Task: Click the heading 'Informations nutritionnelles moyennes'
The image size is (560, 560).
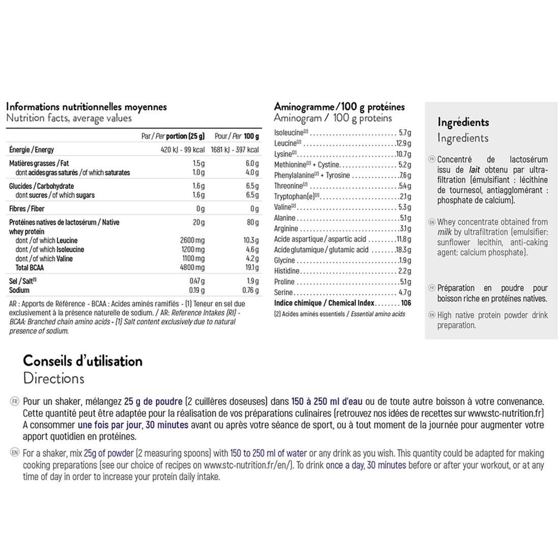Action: pos(86,107)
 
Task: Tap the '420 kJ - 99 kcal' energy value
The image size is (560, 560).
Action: pos(182,150)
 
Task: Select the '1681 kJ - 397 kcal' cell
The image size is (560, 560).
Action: pos(235,150)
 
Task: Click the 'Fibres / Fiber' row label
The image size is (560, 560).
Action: pos(26,209)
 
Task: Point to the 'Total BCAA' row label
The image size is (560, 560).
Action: pos(30,267)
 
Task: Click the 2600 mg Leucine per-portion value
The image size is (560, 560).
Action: pos(192,240)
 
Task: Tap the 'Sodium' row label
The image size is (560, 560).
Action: pos(19,290)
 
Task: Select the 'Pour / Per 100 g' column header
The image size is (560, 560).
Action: pos(237,136)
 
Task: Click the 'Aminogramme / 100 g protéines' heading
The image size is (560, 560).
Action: pos(339,107)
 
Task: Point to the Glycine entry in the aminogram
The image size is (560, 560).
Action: pos(285,260)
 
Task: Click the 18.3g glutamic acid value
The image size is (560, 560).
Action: pos(403,249)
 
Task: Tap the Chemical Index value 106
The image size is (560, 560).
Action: pos(406,303)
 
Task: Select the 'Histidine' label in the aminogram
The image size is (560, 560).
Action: pos(287,271)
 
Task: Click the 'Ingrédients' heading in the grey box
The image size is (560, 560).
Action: pos(463,122)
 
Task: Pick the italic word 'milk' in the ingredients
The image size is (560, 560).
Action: pos(444,232)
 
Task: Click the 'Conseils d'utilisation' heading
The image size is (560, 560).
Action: pos(82,361)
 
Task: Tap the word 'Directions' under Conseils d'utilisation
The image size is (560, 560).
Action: pos(53,379)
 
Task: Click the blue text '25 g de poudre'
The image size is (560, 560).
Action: pos(153,402)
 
